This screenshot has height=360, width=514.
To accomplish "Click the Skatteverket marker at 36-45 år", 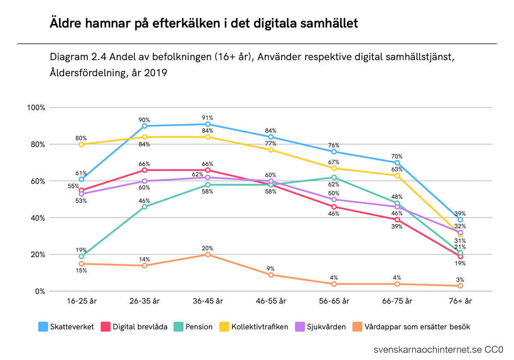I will (208, 124).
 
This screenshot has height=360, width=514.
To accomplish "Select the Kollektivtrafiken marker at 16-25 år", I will (81, 144).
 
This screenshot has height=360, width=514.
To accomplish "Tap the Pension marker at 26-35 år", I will (144, 207).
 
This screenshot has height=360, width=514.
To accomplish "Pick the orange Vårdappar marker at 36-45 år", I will (208, 254).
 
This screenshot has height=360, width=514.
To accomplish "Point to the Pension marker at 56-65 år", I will (334, 177).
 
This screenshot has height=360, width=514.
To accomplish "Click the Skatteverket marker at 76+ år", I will (460, 219).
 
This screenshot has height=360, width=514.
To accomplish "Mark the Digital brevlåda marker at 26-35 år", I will (144, 170).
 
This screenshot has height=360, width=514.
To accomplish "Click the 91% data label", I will (208, 118).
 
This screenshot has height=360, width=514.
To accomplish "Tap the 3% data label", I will (460, 279).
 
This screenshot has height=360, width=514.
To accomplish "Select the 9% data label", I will (271, 269).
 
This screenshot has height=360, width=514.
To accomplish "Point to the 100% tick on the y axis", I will (36, 108).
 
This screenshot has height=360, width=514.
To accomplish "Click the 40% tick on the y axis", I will (38, 218).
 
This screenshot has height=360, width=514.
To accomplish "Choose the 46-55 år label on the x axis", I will (271, 301).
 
